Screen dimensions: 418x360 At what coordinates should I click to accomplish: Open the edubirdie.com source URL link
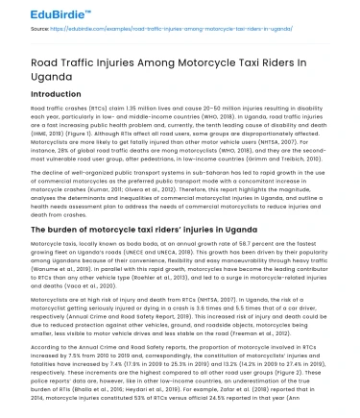point(144,30)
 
